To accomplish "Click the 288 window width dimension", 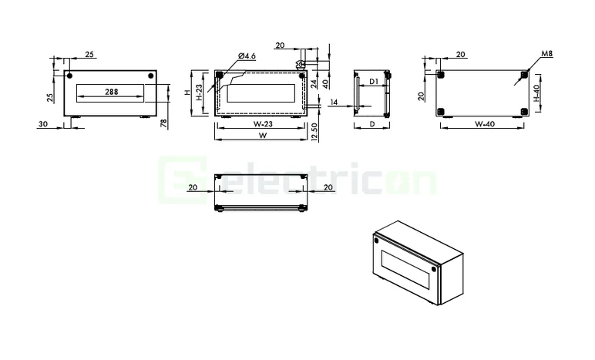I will [x=111, y=92].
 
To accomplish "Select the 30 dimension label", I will [x=42, y=123].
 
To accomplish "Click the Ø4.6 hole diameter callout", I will [x=247, y=56].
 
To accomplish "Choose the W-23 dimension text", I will [x=264, y=123].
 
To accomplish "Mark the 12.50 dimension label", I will [x=314, y=133].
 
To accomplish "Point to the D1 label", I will [x=372, y=81].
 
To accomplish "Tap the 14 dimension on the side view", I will [x=334, y=102].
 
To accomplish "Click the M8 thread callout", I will [x=546, y=54].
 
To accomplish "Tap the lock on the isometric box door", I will [x=377, y=241].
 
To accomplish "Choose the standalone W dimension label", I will [x=263, y=136].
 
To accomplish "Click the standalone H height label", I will [x=187, y=92].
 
